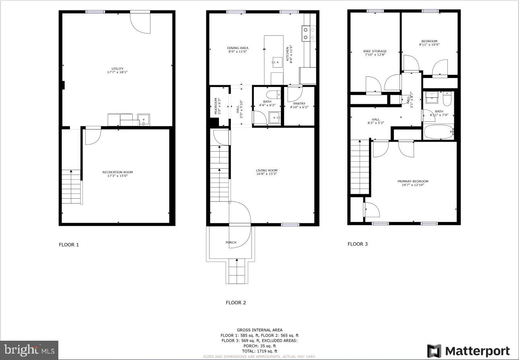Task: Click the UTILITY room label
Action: [117, 70]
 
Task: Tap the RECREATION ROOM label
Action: [117, 174]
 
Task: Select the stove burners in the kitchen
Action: [309, 33]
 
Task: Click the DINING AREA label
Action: [237, 49]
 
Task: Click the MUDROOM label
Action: [216, 106]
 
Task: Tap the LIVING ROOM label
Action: [267, 172]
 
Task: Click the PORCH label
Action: [231, 242]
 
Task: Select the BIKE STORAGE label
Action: [375, 53]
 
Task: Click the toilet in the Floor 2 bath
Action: [274, 95]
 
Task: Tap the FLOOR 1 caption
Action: [69, 245]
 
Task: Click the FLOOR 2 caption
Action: [236, 303]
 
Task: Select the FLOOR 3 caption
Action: [358, 244]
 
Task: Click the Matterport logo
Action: [468, 351]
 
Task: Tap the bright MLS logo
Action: [29, 350]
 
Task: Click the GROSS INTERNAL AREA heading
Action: [259, 330]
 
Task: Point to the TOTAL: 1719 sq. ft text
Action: [259, 351]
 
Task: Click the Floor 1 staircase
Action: [71, 187]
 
